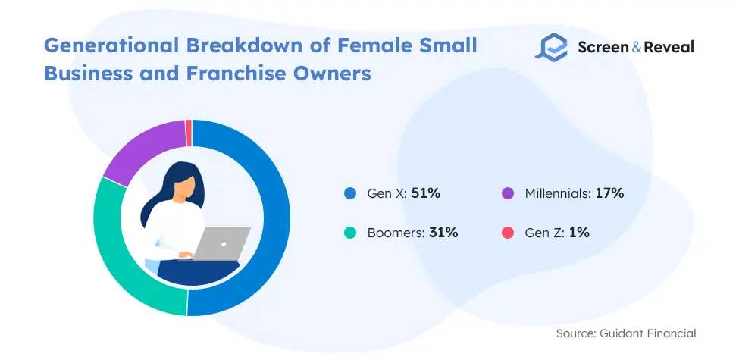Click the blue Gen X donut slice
pos(276,218)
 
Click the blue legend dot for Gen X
pos(350,194)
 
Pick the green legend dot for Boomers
pos(350,233)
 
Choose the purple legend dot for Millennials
pos(508,194)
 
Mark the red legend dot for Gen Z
pos(508,233)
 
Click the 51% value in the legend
pos(425,193)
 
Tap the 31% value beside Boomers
pos(443,233)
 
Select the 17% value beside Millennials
pos(609,193)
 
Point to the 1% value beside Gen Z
pos(579,233)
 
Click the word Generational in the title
pos(111,45)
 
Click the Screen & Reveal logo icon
pos(552,48)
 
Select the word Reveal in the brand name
pos(669,47)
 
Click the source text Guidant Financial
pos(647,333)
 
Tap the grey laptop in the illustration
pos(221,243)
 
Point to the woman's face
pos(184,187)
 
